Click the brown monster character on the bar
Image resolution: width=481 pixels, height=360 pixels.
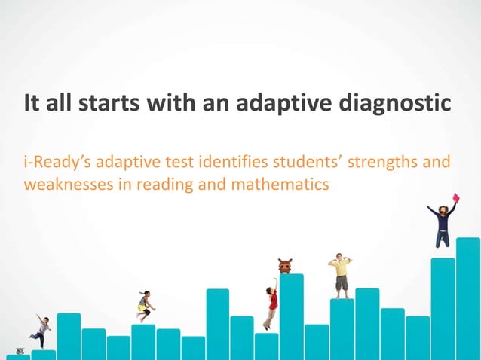tap(284, 266)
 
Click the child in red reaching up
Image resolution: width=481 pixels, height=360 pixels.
tap(271, 305)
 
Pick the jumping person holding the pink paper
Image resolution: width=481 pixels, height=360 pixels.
tap(443, 222)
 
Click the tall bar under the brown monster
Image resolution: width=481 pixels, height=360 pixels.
tap(291, 316)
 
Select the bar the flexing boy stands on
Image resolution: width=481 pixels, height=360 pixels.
tap(342, 328)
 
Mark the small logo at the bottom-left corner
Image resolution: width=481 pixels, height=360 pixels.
tap(12, 352)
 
